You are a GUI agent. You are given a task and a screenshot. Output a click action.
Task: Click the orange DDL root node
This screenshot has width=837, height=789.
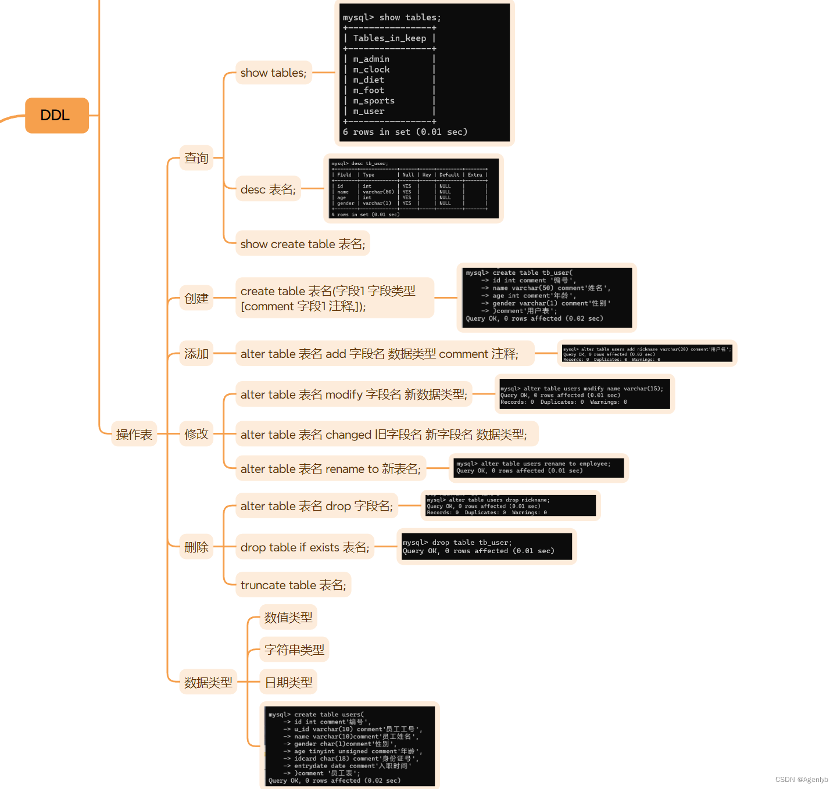pos(56,116)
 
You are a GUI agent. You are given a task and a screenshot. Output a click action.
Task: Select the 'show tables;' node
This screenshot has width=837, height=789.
pos(273,73)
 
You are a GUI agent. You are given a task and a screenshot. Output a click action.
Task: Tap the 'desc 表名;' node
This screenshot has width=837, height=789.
pos(268,189)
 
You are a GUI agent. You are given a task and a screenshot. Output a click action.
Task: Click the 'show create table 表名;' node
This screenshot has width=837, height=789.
pos(302,244)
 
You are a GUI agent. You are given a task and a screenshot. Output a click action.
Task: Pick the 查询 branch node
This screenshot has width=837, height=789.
pos(196,158)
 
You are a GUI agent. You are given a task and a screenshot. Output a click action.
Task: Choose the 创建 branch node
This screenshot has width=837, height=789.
pos(196,299)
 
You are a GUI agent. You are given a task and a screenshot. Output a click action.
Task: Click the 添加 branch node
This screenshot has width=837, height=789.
pos(196,354)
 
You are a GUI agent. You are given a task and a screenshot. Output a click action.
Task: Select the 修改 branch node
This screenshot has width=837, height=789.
pos(196,434)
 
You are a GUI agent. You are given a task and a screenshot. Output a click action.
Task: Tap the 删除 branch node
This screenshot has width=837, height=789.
pos(196,547)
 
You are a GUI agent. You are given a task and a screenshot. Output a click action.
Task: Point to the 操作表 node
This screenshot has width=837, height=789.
pos(134,435)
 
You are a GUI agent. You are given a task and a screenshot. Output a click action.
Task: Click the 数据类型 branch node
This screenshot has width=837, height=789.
pos(208,683)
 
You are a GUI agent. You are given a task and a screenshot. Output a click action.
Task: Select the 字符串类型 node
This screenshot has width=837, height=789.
pos(294,650)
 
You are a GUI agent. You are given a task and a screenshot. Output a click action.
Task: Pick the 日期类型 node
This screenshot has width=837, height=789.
pos(288,683)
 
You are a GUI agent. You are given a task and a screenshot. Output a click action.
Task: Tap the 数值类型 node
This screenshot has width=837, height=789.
pos(288,617)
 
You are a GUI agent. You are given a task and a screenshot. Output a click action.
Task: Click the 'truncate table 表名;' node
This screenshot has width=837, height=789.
pos(293,585)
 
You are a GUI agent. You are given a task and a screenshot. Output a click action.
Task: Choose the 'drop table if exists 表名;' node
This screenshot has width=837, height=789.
pos(305,547)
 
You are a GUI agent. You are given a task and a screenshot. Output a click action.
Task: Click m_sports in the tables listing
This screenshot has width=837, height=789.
pos(374,101)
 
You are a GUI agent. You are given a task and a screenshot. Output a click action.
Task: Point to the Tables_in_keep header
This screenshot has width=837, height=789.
pos(389,38)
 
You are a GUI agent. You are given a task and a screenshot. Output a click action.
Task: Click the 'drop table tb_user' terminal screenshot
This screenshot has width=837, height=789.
pos(487,547)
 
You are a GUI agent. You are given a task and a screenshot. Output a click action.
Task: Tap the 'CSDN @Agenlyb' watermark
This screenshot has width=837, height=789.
pos(802,780)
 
